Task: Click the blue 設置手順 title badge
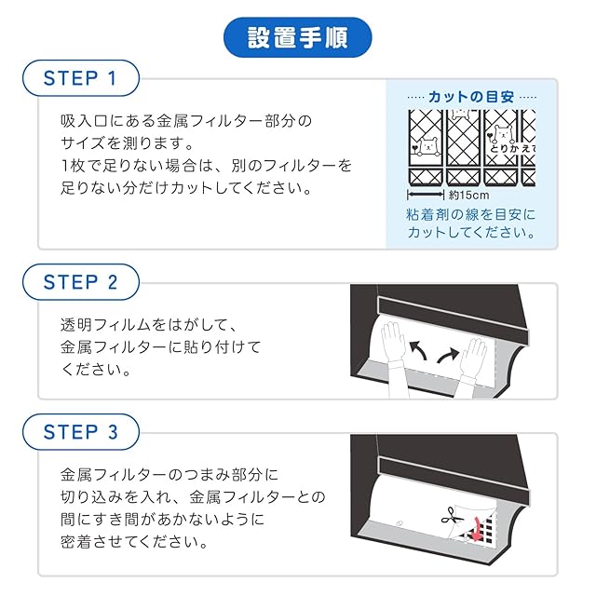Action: click(x=298, y=37)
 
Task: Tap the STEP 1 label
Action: click(x=81, y=78)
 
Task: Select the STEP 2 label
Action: click(x=81, y=282)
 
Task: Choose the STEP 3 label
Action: click(x=81, y=432)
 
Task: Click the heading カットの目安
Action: click(x=471, y=97)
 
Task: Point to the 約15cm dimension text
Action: click(x=468, y=196)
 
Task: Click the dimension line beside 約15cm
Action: click(x=426, y=195)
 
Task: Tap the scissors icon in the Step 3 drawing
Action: click(x=452, y=516)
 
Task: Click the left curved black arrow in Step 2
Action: click(x=418, y=349)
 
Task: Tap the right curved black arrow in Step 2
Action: click(x=448, y=355)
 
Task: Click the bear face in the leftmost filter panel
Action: click(x=428, y=145)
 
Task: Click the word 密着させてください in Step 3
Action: click(x=134, y=542)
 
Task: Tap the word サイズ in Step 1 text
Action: click(x=83, y=142)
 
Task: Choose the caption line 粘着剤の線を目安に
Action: click(x=471, y=215)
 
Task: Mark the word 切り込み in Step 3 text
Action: click(x=90, y=496)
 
